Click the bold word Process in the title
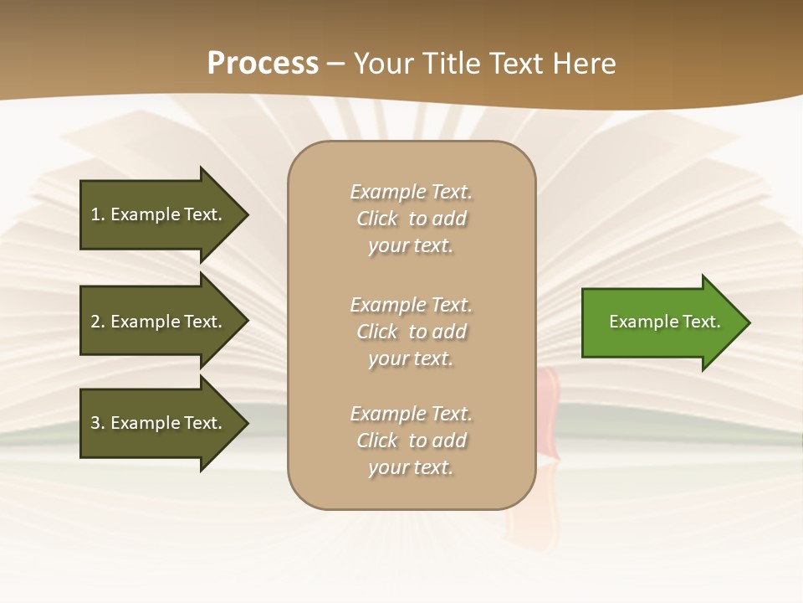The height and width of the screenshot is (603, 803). coord(263,64)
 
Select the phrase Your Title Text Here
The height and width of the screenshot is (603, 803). coord(485,64)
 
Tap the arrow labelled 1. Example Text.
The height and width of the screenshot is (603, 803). coord(159,214)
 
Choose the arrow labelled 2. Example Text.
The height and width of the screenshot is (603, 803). coord(159,322)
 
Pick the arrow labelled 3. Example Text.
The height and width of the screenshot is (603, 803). coord(159,423)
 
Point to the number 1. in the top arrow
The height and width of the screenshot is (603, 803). coord(98,214)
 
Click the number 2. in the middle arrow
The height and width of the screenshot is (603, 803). coord(98,322)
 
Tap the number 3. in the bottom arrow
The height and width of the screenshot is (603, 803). coord(98,423)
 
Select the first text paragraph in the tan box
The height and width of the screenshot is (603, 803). coord(411,219)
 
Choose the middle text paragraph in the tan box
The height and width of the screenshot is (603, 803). coord(411,332)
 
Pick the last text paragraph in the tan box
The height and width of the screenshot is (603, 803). coord(411,441)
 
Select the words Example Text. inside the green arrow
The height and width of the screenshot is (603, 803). coord(665,322)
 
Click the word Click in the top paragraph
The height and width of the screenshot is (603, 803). coord(377,219)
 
